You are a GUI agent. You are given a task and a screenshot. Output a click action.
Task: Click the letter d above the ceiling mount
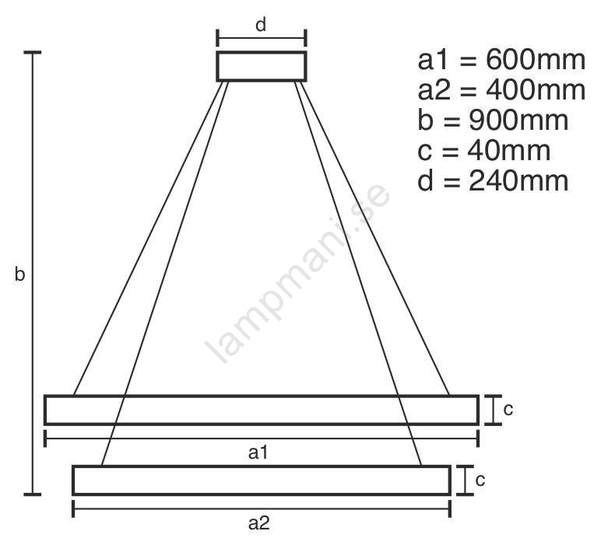[261, 25]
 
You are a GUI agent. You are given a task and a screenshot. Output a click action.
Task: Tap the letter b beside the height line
[19, 274]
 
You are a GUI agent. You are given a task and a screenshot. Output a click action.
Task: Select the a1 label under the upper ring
[258, 452]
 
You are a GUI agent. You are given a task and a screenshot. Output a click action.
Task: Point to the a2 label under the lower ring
[259, 523]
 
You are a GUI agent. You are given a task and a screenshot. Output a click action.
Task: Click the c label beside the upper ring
[508, 410]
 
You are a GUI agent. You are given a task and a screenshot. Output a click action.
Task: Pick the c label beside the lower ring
[480, 480]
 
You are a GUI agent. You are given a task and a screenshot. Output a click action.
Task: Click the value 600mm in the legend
[536, 60]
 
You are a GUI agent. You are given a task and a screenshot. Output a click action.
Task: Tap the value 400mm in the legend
[536, 90]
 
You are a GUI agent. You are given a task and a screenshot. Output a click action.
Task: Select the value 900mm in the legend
[518, 121]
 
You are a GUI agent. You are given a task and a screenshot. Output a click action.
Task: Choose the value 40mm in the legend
[508, 150]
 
